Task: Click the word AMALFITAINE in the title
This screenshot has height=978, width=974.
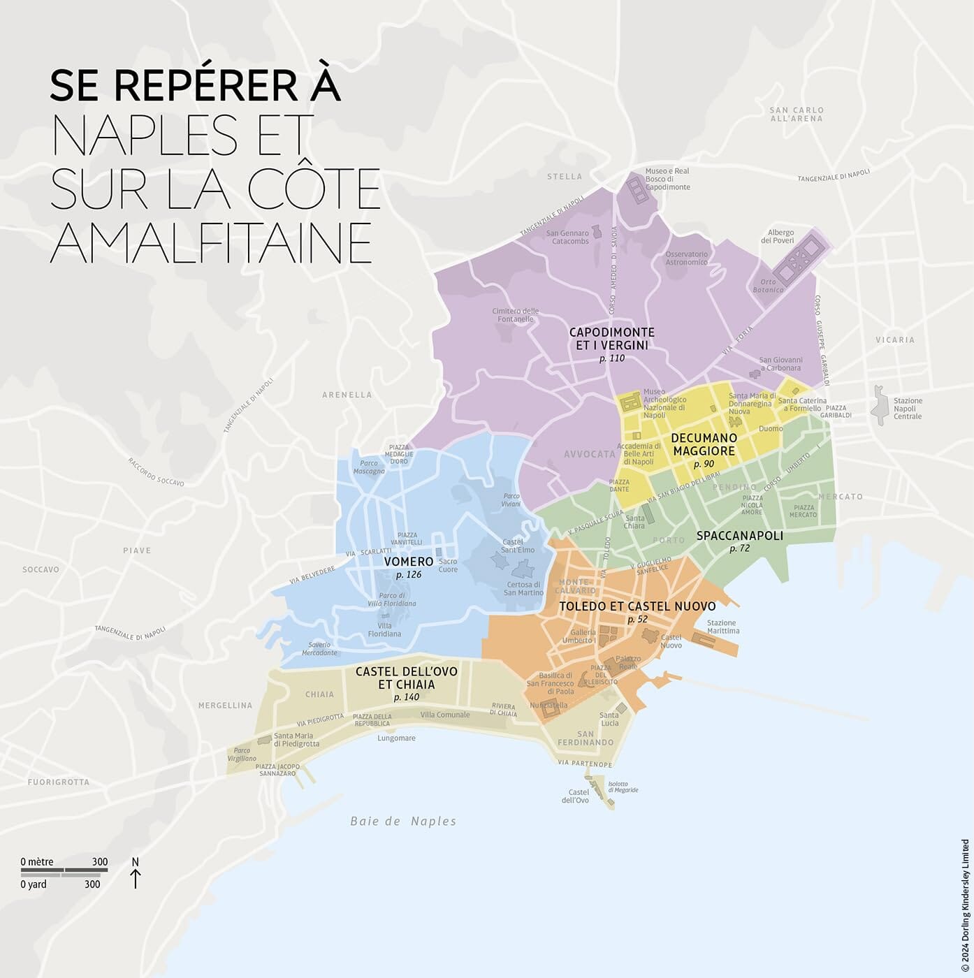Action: click(211, 242)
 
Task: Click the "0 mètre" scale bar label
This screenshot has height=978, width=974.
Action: click(37, 861)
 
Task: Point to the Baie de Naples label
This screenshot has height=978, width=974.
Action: click(403, 822)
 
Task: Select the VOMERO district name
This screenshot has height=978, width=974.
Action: click(409, 562)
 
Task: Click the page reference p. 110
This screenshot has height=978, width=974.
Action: click(612, 358)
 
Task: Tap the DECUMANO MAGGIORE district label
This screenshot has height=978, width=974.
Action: click(704, 444)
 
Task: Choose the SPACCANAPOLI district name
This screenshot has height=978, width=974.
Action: click(739, 536)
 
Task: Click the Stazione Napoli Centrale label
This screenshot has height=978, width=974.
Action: click(908, 409)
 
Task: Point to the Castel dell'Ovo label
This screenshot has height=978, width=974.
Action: click(579, 796)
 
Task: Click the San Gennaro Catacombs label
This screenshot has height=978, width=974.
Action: click(567, 237)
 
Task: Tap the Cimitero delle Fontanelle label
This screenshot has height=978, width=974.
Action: click(516, 315)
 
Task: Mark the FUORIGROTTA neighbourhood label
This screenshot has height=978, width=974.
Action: click(59, 782)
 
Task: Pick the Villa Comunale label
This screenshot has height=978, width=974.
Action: click(445, 715)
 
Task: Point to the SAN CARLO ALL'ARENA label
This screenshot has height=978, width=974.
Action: click(797, 115)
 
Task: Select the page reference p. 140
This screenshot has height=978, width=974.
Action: click(407, 697)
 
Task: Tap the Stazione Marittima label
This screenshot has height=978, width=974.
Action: click(722, 627)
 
